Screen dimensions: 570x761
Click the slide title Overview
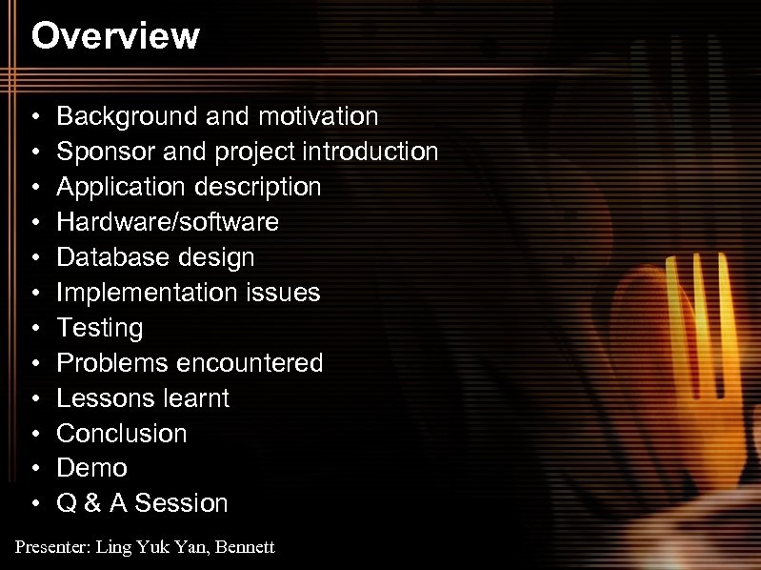click(x=115, y=36)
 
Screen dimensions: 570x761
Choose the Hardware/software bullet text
click(x=168, y=222)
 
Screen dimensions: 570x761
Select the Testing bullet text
click(x=100, y=328)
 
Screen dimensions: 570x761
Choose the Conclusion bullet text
click(x=122, y=434)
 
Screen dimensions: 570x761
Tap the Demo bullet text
click(x=92, y=468)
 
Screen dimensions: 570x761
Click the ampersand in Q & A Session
click(x=92, y=503)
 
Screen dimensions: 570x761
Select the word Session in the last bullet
click(x=182, y=503)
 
